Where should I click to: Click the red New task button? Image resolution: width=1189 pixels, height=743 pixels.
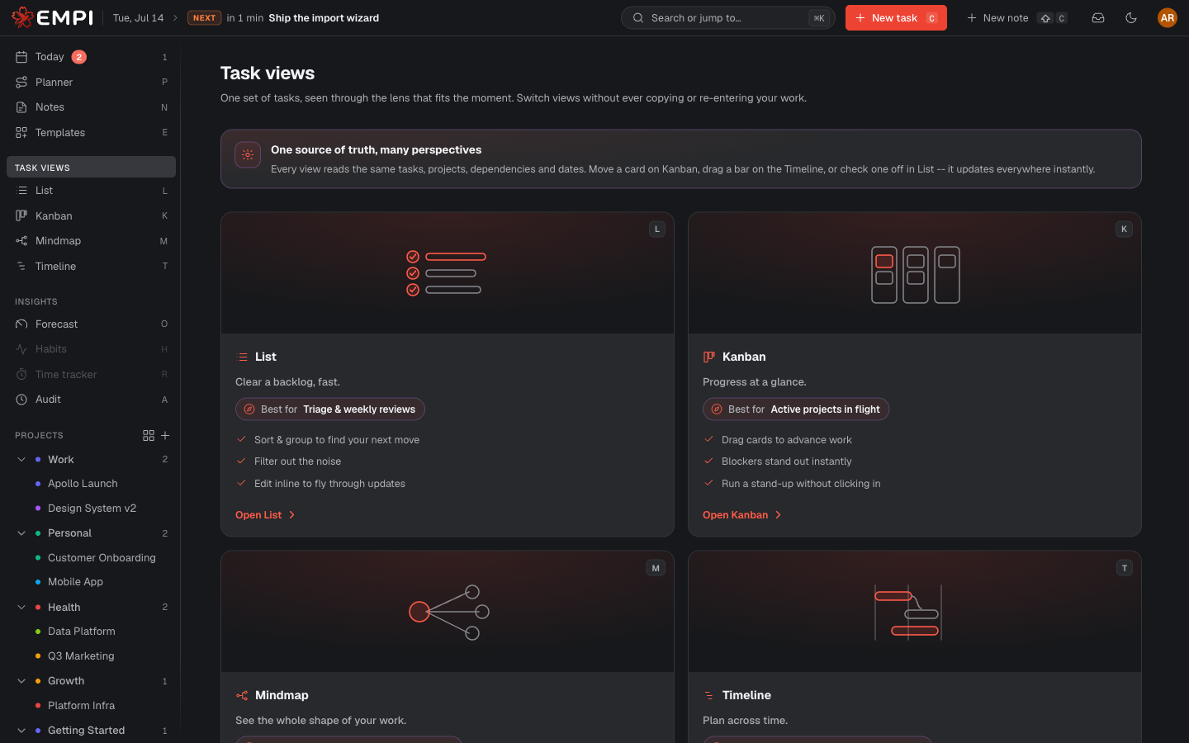click(895, 18)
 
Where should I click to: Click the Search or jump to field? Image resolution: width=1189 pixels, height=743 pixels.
click(727, 18)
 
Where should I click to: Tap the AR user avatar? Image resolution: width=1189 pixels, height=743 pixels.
click(1167, 18)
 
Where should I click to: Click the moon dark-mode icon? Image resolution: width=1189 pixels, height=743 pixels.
click(1130, 18)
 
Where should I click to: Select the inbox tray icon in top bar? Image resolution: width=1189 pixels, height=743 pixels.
click(1097, 18)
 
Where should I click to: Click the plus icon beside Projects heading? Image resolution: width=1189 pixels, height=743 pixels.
click(165, 435)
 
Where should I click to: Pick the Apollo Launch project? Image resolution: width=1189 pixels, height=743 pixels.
click(83, 484)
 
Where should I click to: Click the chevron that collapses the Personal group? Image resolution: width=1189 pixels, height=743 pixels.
click(21, 532)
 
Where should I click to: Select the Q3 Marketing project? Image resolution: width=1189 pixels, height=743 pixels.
click(81, 656)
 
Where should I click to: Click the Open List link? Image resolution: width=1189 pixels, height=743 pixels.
click(265, 515)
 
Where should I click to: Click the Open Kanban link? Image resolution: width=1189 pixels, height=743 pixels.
click(741, 515)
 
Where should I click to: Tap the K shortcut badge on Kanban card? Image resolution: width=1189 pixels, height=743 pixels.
click(1124, 229)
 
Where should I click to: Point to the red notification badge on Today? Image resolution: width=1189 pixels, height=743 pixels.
click(79, 57)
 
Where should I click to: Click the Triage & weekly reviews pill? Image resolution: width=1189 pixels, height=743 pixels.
click(330, 409)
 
